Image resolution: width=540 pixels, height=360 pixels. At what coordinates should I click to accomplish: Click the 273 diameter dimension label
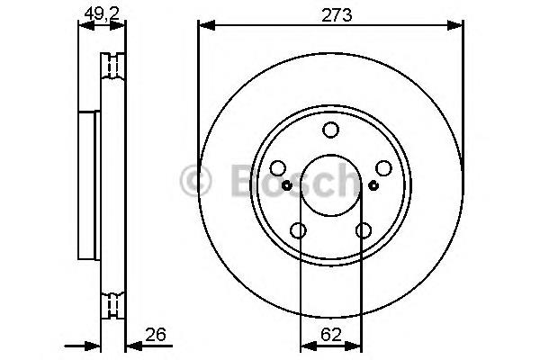pos(337,15)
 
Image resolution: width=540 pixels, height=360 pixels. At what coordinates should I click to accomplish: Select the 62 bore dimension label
pos(331,334)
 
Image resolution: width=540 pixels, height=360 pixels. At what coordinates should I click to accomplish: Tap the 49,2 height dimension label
pos(102,14)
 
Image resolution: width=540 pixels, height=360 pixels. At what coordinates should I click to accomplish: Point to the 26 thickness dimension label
pos(156,334)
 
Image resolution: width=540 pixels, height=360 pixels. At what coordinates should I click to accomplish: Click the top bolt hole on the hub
pos(330,130)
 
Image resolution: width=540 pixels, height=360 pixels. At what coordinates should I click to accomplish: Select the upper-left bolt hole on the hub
pos(278,168)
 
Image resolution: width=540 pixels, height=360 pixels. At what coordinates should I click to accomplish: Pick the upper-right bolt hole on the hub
pos(383,168)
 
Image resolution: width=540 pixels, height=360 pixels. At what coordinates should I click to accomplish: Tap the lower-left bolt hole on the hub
pos(298,230)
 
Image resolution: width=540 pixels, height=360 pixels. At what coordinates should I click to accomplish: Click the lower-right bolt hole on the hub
pos(364,230)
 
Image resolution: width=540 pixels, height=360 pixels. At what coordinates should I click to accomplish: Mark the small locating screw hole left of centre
pos(286,185)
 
